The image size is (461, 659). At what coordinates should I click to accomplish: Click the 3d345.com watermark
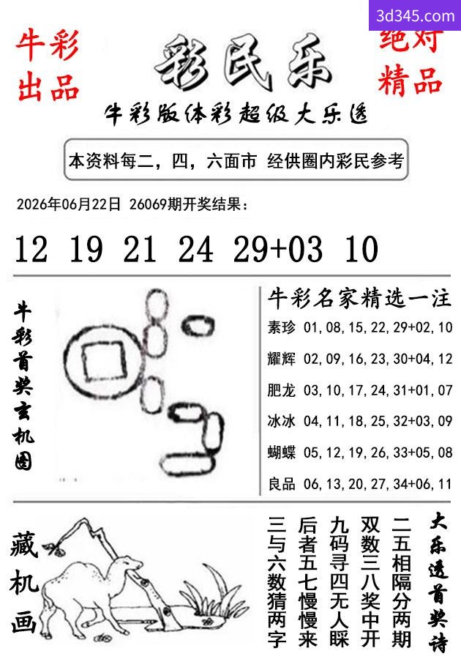[415, 16]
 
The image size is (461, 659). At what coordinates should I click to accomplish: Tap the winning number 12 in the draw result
[31, 249]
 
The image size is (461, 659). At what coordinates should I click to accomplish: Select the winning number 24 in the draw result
[195, 249]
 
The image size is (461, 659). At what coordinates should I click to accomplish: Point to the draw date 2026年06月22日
[69, 204]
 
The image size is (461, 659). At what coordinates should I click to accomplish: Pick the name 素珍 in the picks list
[281, 327]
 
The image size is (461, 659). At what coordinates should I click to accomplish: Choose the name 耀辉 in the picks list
[281, 359]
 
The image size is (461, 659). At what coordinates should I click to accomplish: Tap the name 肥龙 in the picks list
[281, 390]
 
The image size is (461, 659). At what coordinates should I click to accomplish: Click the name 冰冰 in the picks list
[281, 421]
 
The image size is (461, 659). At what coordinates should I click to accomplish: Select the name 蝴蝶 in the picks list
[281, 453]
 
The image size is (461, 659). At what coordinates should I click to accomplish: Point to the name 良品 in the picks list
[281, 484]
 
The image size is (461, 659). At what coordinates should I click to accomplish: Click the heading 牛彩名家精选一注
[359, 299]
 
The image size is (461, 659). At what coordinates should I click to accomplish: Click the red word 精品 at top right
[411, 81]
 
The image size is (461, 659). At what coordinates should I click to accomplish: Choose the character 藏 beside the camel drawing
[24, 545]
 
